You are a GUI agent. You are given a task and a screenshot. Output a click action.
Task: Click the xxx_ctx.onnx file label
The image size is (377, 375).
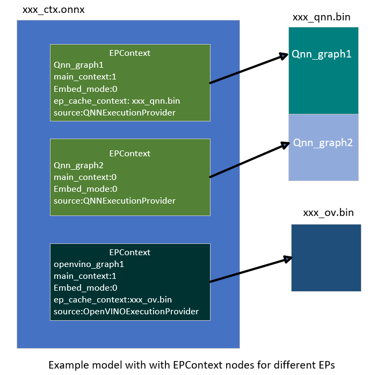(54, 10)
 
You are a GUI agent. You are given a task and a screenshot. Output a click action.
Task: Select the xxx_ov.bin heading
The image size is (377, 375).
(328, 213)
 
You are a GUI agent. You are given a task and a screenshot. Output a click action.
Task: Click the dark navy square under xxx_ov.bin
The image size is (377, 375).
(325, 258)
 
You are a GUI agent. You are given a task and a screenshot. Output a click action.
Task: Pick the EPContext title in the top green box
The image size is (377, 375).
(129, 53)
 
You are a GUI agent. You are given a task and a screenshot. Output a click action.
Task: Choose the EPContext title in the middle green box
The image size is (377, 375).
(129, 154)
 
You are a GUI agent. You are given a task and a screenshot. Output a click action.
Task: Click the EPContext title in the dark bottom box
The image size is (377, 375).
(129, 253)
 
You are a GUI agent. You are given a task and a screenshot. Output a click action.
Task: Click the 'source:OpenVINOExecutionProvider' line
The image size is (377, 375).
(126, 311)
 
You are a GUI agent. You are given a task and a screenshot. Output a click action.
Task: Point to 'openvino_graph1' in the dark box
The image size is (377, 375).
(86, 264)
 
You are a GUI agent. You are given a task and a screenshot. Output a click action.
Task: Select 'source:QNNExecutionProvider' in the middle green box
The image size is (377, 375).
(114, 201)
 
